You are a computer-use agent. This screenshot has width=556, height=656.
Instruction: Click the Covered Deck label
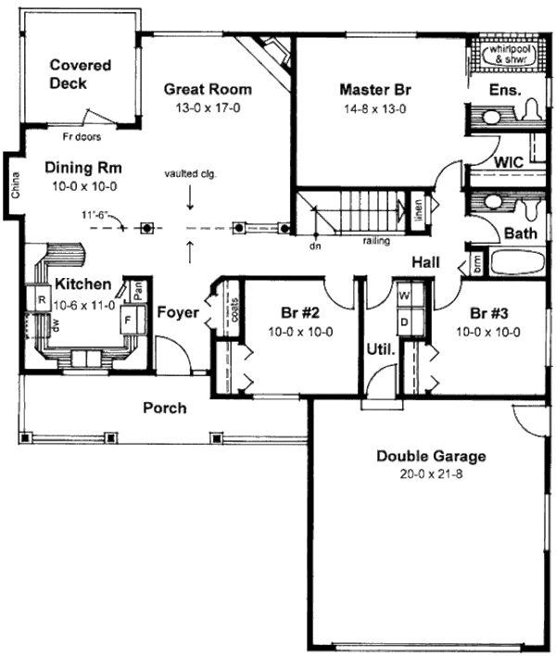(x=81, y=74)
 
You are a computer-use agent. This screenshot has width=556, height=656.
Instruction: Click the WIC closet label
(x=509, y=161)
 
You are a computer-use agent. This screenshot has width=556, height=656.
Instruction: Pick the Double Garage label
(x=431, y=456)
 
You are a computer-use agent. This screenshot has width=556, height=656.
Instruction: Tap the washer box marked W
(x=404, y=296)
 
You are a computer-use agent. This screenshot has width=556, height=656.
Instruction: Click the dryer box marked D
(x=404, y=321)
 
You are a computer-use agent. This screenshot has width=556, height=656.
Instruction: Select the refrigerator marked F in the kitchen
(x=129, y=320)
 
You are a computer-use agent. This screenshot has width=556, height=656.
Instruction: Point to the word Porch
(x=165, y=408)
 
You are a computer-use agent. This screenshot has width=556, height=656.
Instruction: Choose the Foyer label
(x=178, y=312)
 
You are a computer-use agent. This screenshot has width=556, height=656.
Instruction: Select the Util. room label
(x=384, y=350)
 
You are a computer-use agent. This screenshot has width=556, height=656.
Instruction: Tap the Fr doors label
(x=82, y=136)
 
